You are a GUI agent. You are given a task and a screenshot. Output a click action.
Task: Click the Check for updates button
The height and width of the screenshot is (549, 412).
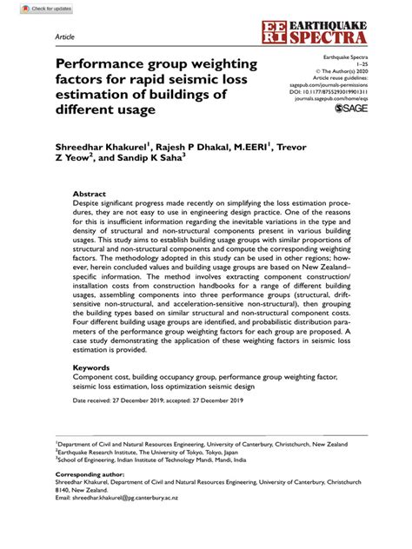pos(30,8)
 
